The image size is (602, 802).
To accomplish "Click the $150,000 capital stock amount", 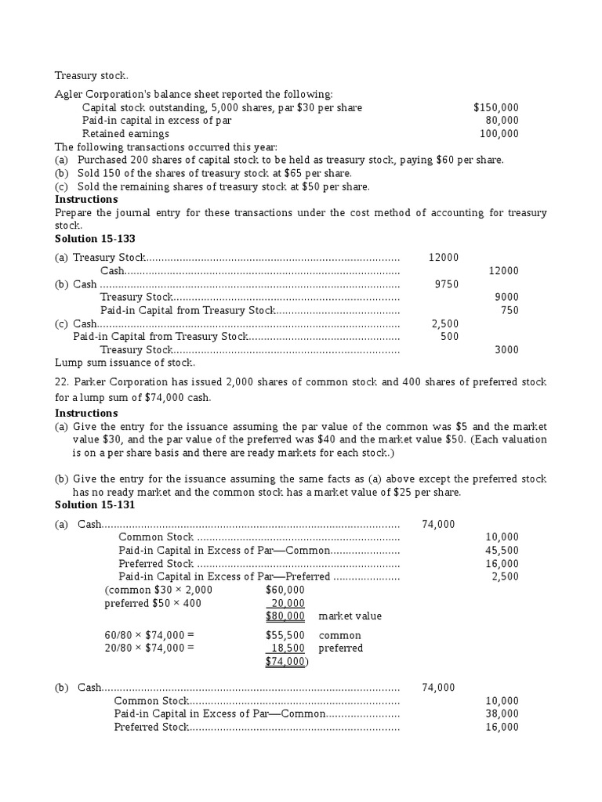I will [495, 107].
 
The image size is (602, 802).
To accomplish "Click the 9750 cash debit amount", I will [446, 284].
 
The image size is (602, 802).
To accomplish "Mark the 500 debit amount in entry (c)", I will [449, 337].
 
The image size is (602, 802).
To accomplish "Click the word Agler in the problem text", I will [68, 94].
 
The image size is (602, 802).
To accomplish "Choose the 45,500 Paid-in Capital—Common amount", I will [502, 551].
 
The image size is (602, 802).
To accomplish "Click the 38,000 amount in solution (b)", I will [502, 714].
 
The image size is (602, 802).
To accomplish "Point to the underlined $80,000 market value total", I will [285, 616].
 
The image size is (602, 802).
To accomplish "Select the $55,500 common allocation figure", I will [285, 635].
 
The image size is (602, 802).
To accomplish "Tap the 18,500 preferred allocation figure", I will [287, 648].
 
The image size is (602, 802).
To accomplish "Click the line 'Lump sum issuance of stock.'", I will [125, 363].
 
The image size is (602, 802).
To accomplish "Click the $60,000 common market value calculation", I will [285, 590].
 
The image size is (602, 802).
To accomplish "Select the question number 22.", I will [61, 382].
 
